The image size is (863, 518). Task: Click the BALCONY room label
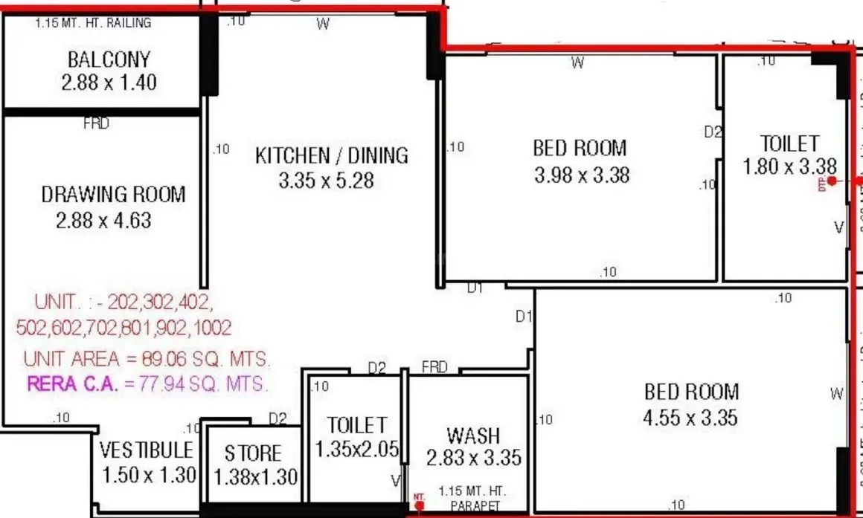[109, 59]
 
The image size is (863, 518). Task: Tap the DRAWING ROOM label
[113, 195]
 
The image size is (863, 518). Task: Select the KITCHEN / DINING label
[331, 155]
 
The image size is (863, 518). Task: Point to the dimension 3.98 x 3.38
[582, 175]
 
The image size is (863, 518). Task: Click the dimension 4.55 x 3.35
[690, 418]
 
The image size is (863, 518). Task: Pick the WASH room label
[473, 435]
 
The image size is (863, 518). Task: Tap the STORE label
[253, 453]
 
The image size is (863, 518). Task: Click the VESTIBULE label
[147, 450]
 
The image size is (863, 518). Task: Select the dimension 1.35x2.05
[357, 450]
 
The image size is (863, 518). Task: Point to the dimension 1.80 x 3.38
[789, 167]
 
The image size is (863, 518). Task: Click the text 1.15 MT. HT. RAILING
[93, 23]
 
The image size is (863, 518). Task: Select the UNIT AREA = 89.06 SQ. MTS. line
[147, 360]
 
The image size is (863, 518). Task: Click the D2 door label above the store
[277, 419]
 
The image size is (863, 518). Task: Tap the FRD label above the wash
[434, 367]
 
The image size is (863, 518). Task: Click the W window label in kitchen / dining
[323, 25]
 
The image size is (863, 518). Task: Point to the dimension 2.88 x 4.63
[103, 221]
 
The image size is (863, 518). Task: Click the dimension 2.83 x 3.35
[473, 458]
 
